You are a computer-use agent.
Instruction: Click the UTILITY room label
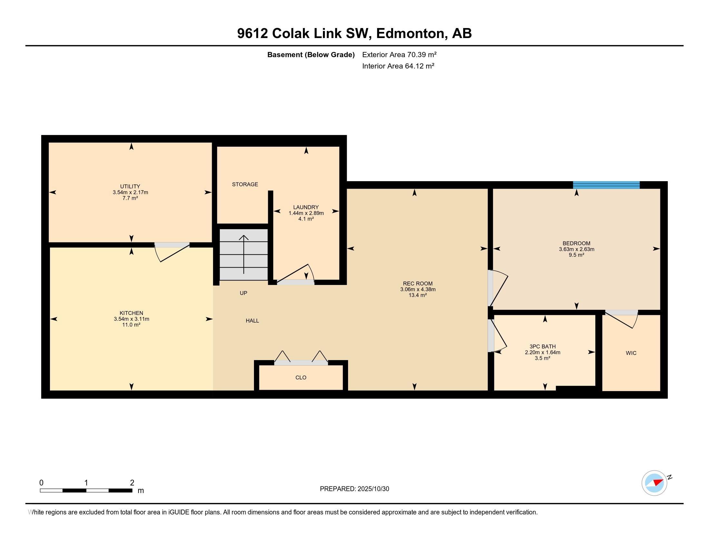[130, 186]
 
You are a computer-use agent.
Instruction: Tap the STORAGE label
[245, 184]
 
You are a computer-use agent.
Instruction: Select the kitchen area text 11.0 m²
[131, 325]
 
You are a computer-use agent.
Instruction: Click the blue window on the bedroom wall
[606, 185]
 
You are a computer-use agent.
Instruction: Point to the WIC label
[631, 353]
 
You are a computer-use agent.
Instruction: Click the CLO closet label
[301, 377]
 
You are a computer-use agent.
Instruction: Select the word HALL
[252, 321]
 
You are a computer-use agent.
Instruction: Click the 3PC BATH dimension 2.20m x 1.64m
[542, 352]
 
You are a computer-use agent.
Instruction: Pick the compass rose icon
[654, 483]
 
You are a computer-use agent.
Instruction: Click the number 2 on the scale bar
[132, 483]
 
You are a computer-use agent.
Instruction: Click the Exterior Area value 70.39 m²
[422, 54]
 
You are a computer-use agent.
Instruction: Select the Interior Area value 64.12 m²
[419, 66]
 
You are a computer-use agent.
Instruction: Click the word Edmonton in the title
[410, 34]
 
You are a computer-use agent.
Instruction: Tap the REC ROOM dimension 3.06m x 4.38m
[417, 289]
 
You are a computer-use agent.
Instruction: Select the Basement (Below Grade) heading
[311, 54]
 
